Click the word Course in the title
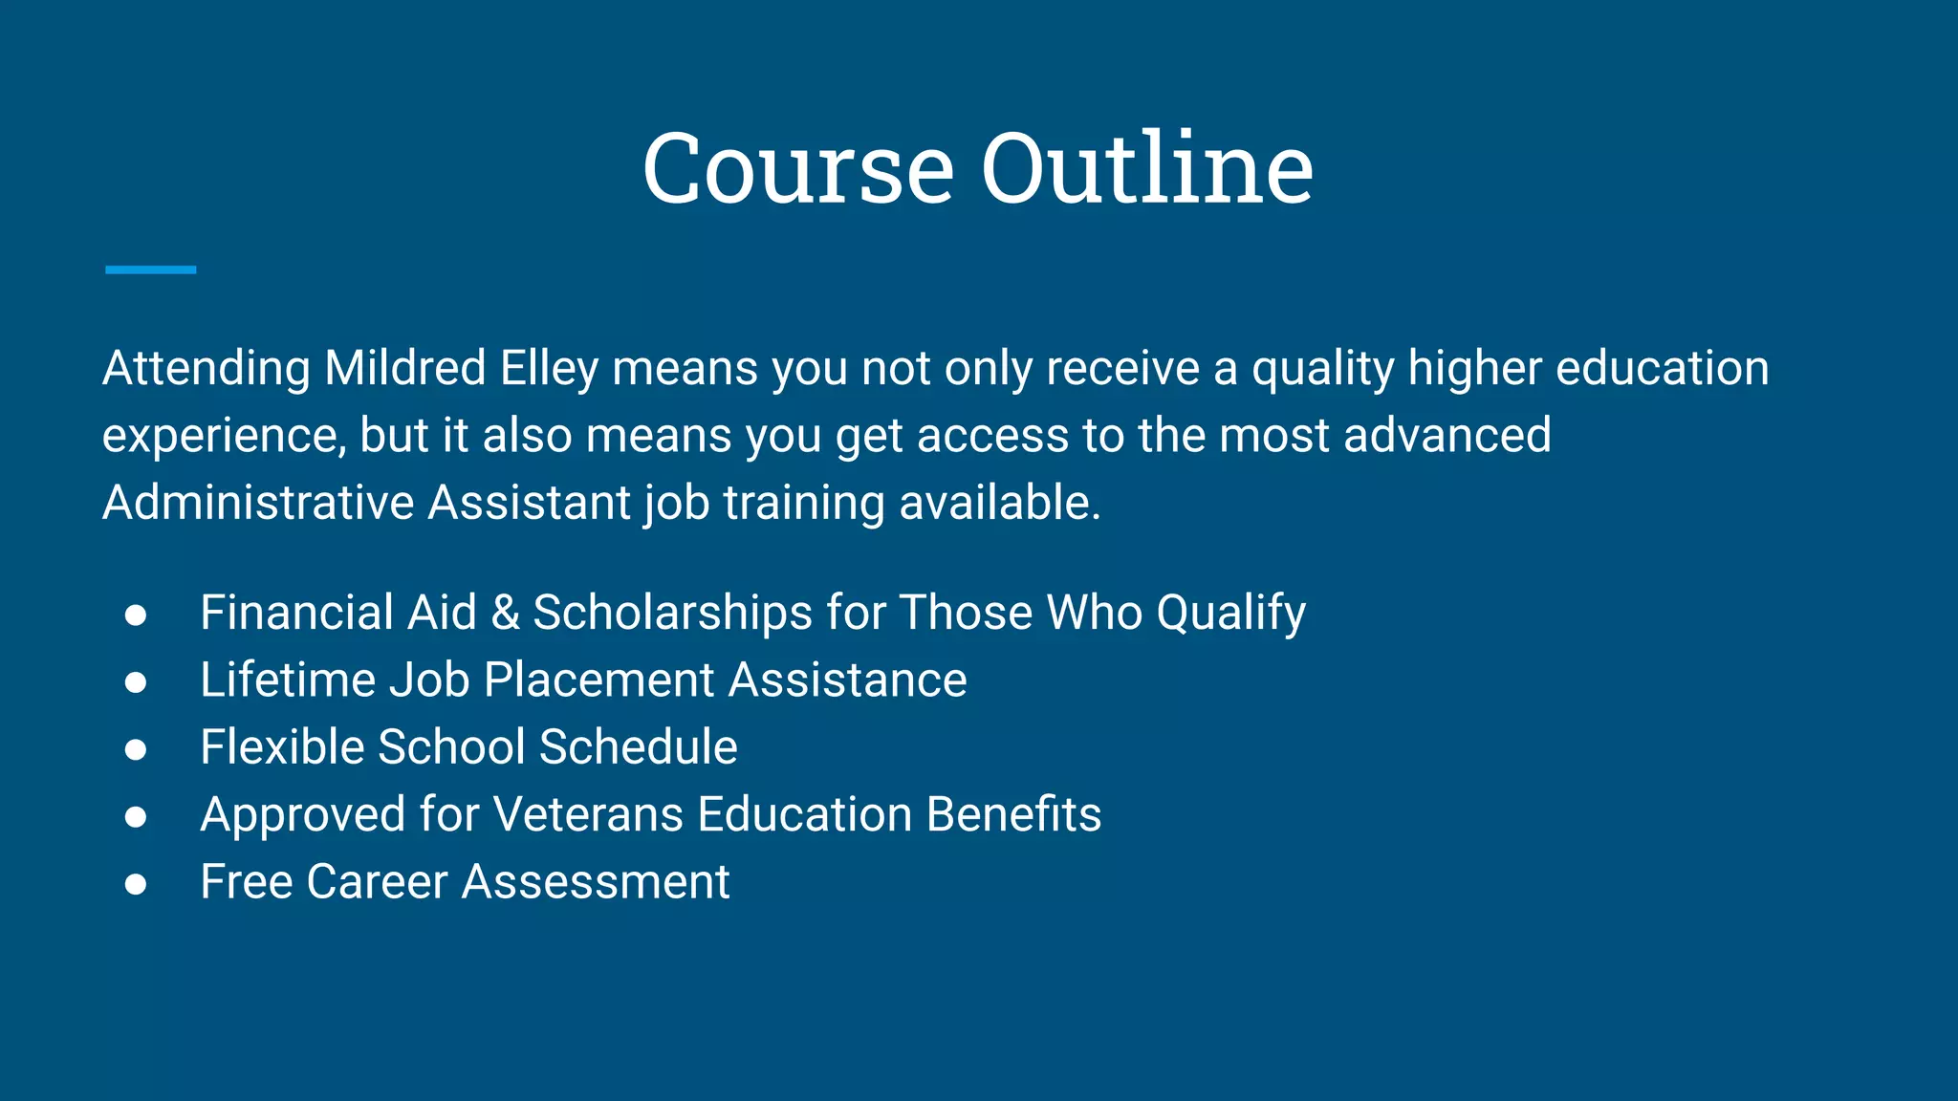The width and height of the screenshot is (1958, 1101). pyautogui.click(x=798, y=169)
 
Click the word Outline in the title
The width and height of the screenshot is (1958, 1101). pyautogui.click(x=1147, y=169)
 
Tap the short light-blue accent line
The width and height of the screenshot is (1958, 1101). pyautogui.click(x=151, y=270)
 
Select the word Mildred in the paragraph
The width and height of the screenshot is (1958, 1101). pyautogui.click(x=405, y=369)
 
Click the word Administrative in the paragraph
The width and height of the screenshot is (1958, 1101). pyautogui.click(x=258, y=503)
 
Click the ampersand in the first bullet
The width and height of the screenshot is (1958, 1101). pyautogui.click(x=505, y=613)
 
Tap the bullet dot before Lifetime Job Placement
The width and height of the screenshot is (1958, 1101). pyautogui.click(x=136, y=681)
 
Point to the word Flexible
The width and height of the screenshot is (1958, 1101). pyautogui.click(x=282, y=747)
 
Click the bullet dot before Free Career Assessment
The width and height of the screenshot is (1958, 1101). pyautogui.click(x=136, y=883)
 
